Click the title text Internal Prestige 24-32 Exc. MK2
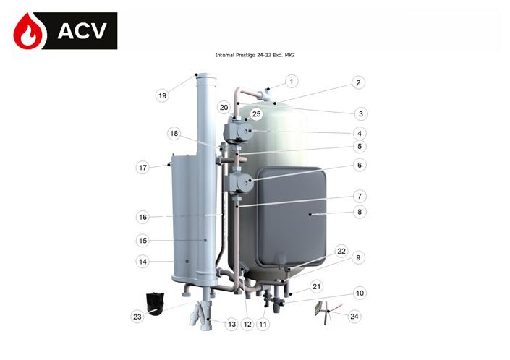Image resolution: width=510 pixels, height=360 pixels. click(255, 55)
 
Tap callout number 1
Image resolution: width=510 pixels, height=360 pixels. click(291, 82)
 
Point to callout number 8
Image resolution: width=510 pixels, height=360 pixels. click(358, 212)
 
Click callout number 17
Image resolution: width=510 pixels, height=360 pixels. click(143, 168)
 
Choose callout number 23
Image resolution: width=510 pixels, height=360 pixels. click(137, 315)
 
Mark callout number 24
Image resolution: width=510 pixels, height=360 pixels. click(354, 315)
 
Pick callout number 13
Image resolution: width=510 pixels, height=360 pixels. click(231, 325)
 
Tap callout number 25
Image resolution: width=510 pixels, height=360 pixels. click(256, 113)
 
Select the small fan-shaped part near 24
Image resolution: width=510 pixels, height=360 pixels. click(322, 309)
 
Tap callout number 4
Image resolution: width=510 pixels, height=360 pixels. click(358, 133)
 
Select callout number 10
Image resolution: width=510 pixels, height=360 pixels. click(358, 293)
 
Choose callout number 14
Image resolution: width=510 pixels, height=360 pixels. click(143, 262)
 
